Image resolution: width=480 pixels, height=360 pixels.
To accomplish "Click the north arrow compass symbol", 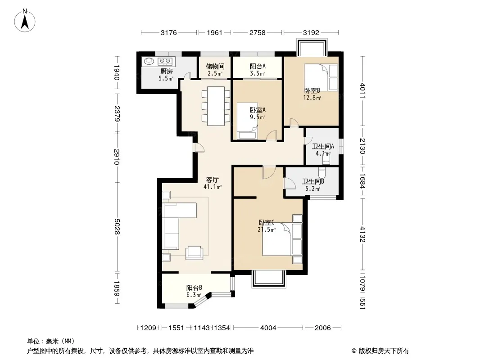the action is click(25, 21).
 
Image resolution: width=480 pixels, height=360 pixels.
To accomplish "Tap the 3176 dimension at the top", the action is click(169, 32).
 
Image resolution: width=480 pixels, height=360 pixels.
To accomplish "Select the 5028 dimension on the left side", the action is click(117, 226).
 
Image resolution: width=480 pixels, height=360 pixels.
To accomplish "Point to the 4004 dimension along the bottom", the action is click(268, 328).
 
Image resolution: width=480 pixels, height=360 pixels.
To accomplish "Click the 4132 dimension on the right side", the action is click(362, 234).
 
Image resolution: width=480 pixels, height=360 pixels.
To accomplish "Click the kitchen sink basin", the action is click(149, 61).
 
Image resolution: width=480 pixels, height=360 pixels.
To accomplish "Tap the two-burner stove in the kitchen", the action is click(165, 61).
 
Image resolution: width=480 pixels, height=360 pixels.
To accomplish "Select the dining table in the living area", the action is click(216, 106).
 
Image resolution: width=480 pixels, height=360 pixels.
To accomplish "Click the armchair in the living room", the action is click(194, 252).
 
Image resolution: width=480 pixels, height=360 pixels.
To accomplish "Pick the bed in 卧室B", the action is click(321, 77).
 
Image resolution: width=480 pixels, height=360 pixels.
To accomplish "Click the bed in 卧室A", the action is click(247, 121).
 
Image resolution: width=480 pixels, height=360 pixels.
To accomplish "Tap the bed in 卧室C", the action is click(282, 239).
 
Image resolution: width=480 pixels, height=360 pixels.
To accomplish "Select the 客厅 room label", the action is click(213, 180).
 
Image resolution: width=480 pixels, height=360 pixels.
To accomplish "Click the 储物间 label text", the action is click(215, 66).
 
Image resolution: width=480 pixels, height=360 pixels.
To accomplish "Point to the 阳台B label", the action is click(194, 288).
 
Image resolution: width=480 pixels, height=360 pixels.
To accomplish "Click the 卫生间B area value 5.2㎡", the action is click(312, 189).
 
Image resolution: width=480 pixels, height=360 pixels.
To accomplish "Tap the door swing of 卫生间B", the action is click(289, 184).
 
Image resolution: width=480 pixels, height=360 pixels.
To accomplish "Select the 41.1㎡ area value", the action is click(213, 187).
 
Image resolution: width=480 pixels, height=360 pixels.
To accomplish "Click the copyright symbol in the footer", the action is click(354, 351).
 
